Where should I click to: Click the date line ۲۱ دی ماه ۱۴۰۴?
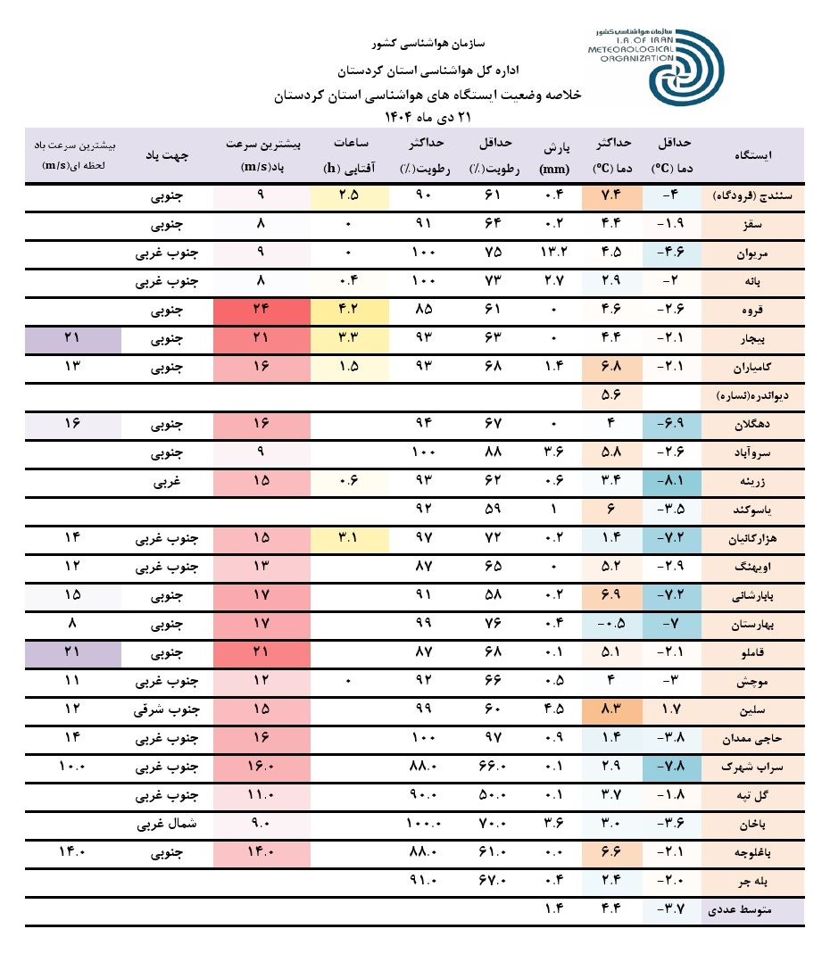[x=427, y=116]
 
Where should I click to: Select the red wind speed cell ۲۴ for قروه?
[x=261, y=311]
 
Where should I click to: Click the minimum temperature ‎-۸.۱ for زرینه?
[x=671, y=482]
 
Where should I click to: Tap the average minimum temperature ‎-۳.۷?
[x=671, y=910]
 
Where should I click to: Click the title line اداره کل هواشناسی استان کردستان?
[x=427, y=69]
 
